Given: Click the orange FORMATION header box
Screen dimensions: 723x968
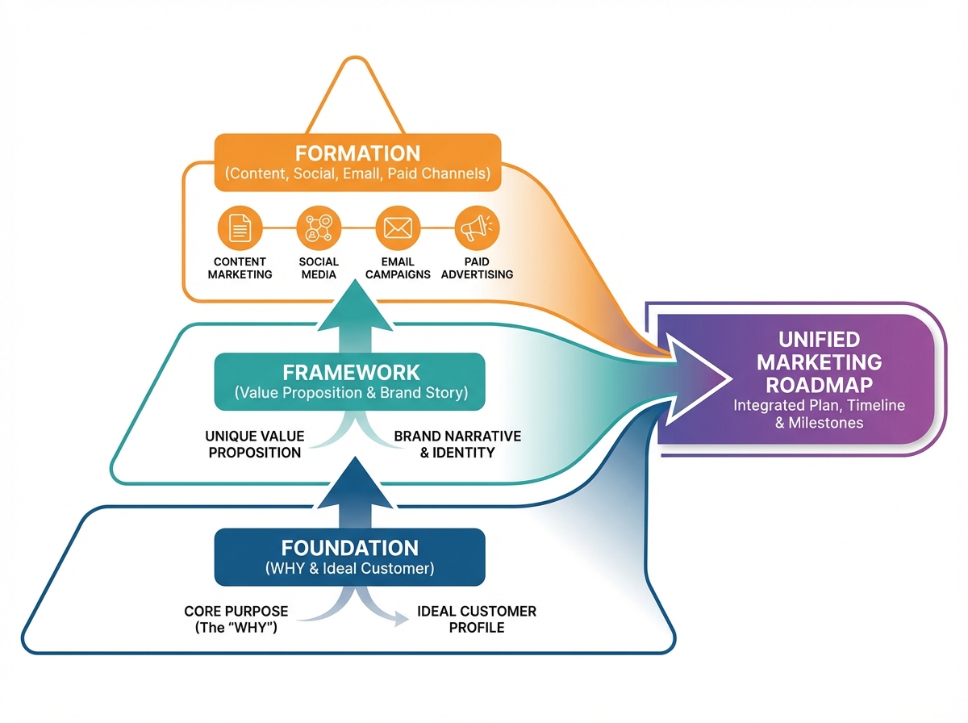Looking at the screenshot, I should coord(357,162).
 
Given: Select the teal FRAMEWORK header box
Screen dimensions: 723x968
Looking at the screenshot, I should coord(350,382).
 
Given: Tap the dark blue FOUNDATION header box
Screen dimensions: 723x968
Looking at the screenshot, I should coord(349,557).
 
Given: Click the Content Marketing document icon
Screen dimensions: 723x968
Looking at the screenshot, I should coord(240,229).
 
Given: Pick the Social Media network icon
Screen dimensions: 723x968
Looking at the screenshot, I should coord(319,229).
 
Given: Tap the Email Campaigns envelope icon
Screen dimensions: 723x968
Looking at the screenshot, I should coord(398,229).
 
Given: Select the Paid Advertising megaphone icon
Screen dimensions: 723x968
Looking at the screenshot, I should coord(477,229).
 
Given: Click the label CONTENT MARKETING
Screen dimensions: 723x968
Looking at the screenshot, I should coord(240,268).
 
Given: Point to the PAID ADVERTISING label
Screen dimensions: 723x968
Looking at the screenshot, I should coord(477,268).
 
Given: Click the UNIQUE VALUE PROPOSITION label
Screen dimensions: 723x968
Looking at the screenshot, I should coord(254,444).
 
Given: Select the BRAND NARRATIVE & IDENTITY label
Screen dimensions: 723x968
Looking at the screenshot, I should coord(457,444).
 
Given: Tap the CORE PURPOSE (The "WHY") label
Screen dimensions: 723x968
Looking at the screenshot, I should coord(236,619).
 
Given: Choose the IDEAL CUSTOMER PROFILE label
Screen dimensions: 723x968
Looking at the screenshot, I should coord(476,619).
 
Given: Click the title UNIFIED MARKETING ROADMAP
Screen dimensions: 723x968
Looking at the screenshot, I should coord(819,361).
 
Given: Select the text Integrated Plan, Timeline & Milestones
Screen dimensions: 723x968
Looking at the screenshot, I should coord(819,413).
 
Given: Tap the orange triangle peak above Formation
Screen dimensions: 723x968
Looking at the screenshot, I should coord(357,85).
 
